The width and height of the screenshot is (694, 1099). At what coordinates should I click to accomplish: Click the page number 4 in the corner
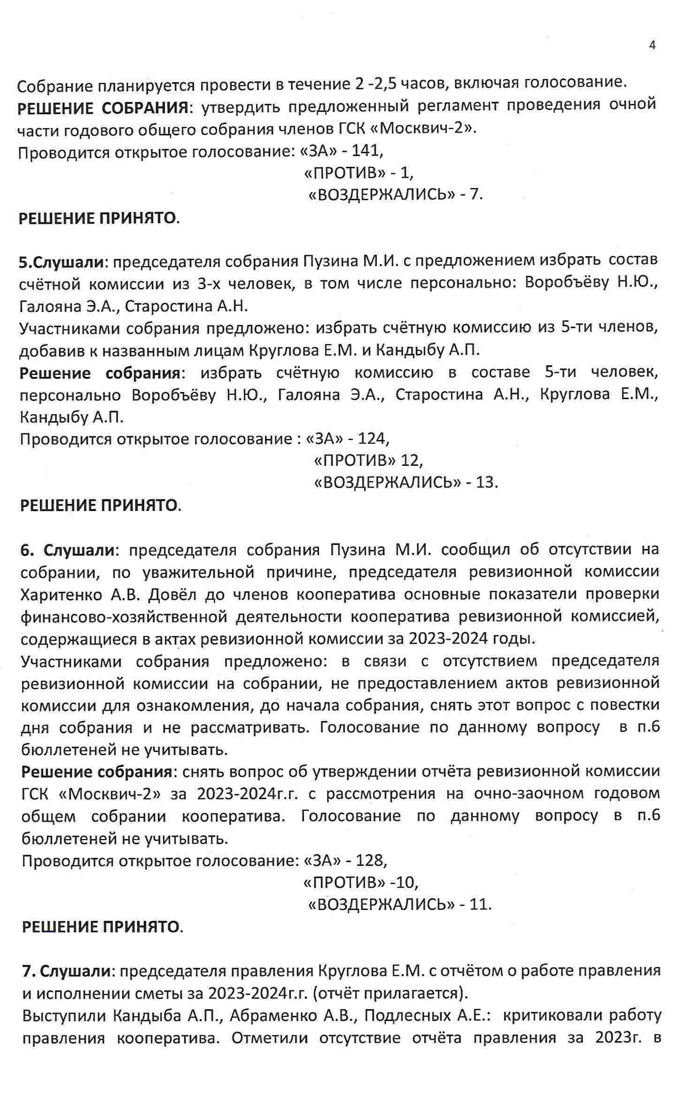click(x=652, y=46)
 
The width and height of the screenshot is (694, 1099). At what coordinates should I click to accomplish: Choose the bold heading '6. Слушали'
click(x=68, y=549)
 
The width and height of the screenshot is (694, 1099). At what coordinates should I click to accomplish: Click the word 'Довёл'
click(x=172, y=595)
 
